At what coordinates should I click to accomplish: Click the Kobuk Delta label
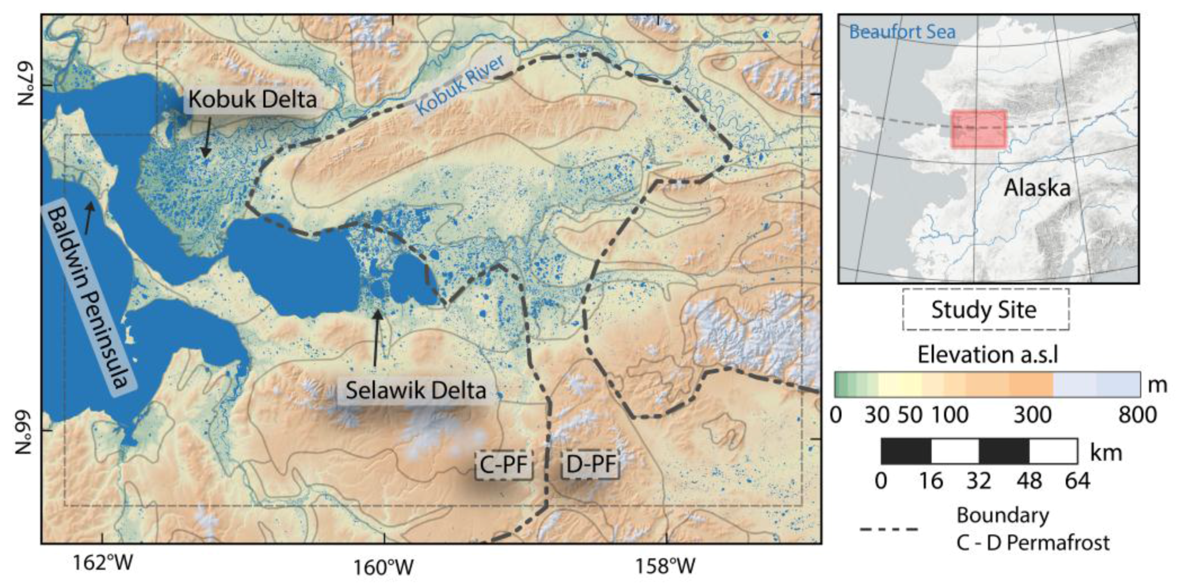252,99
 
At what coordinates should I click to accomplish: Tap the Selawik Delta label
415,390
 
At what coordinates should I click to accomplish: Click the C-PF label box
503,464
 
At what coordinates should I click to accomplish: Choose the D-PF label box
590,464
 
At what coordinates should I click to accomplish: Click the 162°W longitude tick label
102,562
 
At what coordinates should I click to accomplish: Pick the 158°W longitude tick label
665,565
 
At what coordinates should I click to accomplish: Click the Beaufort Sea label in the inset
901,32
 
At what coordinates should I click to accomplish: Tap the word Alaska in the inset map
1037,188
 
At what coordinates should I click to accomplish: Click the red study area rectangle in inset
978,128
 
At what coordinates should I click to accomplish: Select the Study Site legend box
985,309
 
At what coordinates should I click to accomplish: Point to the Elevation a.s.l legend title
987,354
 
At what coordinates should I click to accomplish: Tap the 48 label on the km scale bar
1029,480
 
